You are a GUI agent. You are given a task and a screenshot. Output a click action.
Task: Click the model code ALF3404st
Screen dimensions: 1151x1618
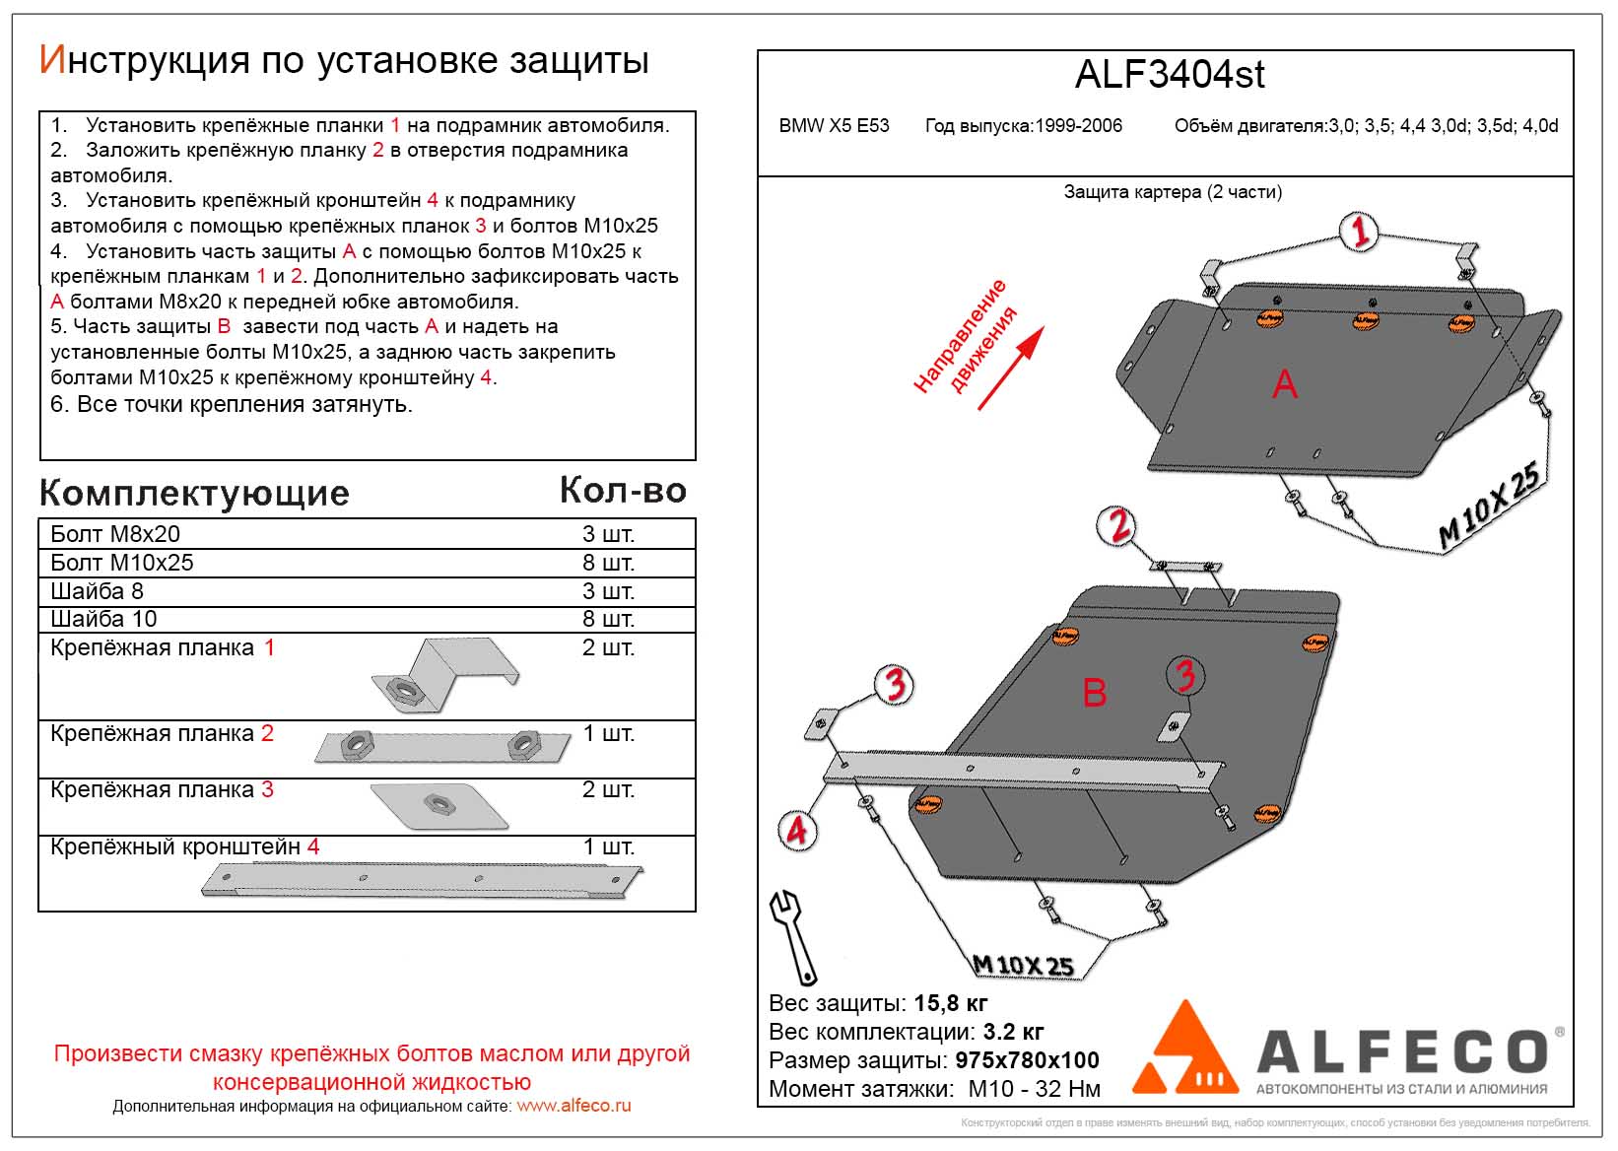click(1170, 75)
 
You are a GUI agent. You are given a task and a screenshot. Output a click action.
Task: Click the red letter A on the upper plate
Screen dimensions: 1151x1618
click(1284, 383)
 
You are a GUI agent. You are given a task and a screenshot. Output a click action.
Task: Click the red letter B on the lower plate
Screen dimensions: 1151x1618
click(1095, 693)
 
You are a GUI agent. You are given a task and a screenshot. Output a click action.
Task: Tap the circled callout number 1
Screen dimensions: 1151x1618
click(1359, 233)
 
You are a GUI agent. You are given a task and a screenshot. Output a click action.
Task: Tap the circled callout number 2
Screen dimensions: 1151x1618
click(1118, 526)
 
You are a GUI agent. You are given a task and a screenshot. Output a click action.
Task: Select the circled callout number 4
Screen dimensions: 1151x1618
click(795, 830)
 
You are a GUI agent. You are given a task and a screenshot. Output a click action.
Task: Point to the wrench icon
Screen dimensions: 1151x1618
click(793, 936)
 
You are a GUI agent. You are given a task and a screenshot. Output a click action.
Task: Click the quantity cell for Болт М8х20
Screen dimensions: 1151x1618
click(608, 534)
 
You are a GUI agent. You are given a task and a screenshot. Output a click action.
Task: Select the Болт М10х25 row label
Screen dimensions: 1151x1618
click(122, 563)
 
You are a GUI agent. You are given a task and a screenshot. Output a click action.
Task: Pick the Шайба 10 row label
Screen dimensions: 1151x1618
click(103, 619)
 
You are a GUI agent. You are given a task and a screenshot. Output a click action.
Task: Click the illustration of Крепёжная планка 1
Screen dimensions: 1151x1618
click(444, 677)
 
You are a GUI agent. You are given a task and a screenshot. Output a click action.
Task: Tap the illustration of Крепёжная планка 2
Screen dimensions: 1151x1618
click(442, 746)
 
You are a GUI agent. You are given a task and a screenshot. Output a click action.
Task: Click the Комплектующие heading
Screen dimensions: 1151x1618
click(195, 493)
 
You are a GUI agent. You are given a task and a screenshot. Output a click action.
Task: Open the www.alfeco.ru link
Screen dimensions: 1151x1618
click(573, 1106)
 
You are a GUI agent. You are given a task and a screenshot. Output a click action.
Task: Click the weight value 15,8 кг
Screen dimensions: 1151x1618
click(951, 1003)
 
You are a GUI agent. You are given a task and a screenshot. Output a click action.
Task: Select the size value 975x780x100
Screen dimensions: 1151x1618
click(1027, 1060)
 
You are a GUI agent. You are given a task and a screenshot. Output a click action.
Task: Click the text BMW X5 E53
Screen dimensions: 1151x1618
click(834, 126)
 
